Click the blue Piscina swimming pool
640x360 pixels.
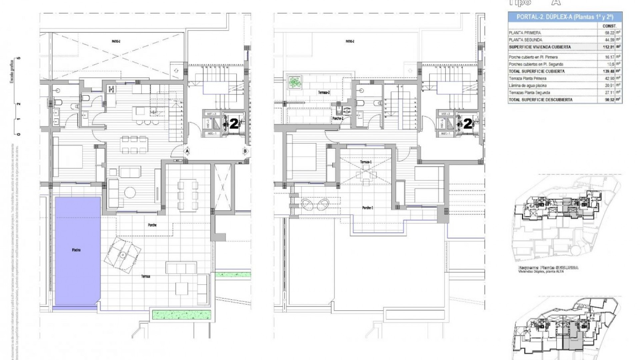(x=77, y=250)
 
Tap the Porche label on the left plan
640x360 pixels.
(x=152, y=225)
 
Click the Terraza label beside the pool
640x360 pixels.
(x=145, y=276)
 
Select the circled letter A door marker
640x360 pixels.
(x=187, y=151)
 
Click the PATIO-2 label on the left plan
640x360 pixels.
(x=116, y=42)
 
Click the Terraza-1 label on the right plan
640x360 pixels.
(x=366, y=162)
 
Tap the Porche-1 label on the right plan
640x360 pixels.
(x=368, y=208)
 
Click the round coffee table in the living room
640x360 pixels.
(x=130, y=192)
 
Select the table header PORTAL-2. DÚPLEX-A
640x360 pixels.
(x=565, y=17)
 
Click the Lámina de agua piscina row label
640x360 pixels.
(x=528, y=86)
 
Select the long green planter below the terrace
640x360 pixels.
(x=182, y=314)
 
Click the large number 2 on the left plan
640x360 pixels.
(x=234, y=124)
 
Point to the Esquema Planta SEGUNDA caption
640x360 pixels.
(x=548, y=268)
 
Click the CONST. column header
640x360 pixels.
(x=609, y=26)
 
